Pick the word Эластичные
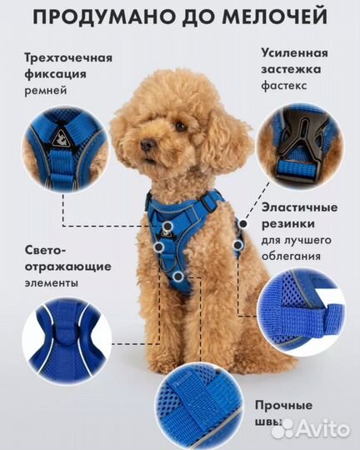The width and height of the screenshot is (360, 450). click(297, 207)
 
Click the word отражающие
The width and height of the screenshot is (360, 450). click(56, 266)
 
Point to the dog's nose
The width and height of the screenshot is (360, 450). click(147, 145)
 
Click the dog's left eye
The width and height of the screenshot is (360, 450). click(179, 127)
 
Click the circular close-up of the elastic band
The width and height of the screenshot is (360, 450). click(305, 308)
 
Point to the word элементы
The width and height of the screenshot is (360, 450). click(50, 282)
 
